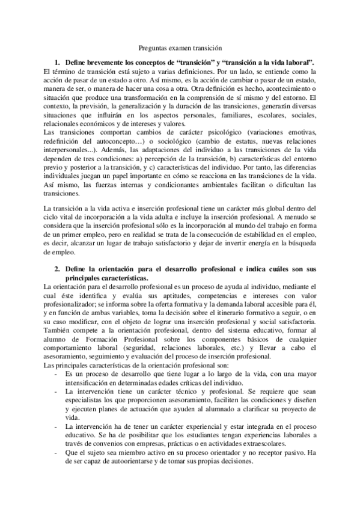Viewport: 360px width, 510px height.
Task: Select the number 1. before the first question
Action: pyautogui.click(x=58, y=62)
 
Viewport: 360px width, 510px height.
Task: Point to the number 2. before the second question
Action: pyautogui.click(x=58, y=266)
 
